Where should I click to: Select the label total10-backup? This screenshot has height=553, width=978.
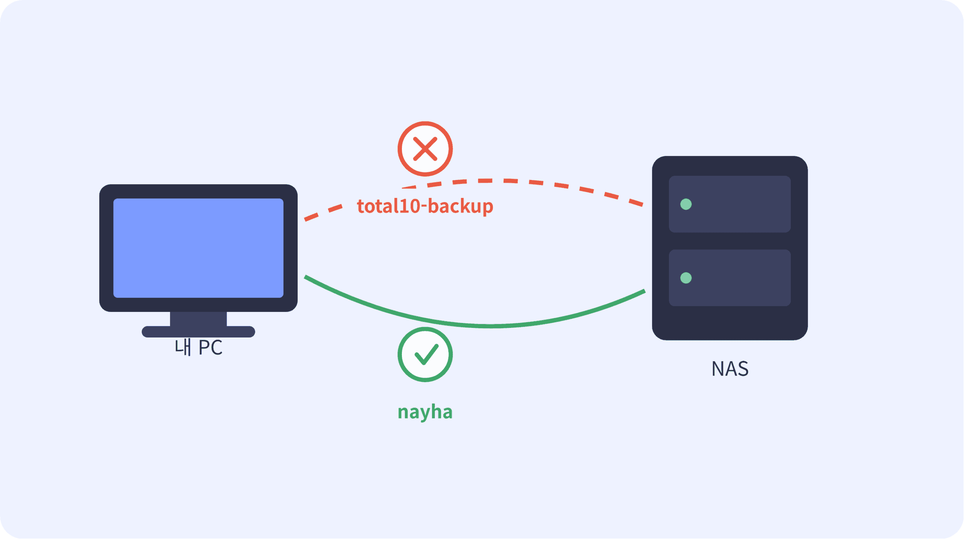425,206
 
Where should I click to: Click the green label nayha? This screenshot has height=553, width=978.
425,412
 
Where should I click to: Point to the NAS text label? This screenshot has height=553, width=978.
730,369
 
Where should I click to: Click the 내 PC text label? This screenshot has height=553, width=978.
198,347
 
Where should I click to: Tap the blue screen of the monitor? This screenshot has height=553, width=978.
198,248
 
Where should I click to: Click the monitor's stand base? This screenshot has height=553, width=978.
198,332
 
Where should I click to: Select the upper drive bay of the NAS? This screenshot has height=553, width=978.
730,204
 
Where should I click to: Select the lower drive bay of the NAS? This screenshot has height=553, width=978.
730,278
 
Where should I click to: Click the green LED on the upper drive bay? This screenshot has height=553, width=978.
686,204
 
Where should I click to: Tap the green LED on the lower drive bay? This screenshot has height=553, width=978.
686,278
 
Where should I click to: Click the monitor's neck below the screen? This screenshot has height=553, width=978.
198,319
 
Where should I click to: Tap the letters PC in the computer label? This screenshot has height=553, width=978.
210,347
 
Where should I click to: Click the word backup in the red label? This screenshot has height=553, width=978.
461,206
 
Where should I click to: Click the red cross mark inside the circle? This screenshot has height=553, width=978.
425,149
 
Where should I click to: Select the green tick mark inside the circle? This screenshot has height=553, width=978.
426,354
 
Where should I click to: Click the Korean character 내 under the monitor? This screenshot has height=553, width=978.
183,347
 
